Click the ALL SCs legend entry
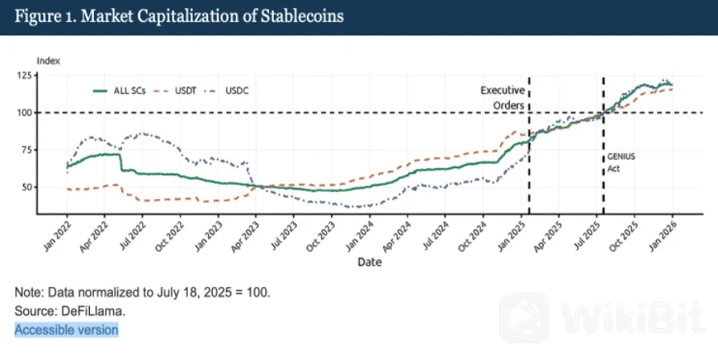[x=119, y=91]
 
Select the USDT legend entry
[x=174, y=91]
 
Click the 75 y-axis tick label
[x=28, y=149]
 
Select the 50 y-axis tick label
[x=28, y=187]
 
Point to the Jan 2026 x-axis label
[x=662, y=236]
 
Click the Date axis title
[x=369, y=263]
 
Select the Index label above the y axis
[x=48, y=61]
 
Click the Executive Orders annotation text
[x=502, y=98]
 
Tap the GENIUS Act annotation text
[x=621, y=162]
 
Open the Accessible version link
[x=67, y=329]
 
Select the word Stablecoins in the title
[x=302, y=17]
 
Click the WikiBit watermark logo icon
[x=524, y=318]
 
